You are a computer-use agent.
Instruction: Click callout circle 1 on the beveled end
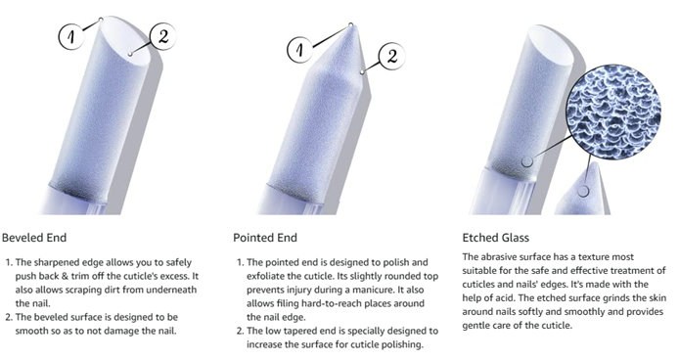pyautogui.click(x=71, y=36)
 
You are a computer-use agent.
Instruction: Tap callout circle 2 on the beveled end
pyautogui.click(x=163, y=37)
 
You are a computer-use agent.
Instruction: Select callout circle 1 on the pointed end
pyautogui.click(x=300, y=49)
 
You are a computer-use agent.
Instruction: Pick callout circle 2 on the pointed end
pyautogui.click(x=392, y=56)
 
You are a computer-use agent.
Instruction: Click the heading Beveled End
pyautogui.click(x=34, y=238)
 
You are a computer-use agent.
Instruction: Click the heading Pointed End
pyautogui.click(x=265, y=238)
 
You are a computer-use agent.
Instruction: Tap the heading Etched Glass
pyautogui.click(x=496, y=238)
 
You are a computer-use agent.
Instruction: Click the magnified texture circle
pyautogui.click(x=613, y=112)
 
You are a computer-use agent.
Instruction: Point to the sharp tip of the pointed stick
pyautogui.click(x=351, y=23)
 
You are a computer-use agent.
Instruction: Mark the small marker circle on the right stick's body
pyautogui.click(x=527, y=161)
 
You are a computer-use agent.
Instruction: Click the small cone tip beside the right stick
pyautogui.click(x=582, y=191)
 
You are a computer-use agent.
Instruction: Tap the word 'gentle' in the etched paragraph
pyautogui.click(x=475, y=326)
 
